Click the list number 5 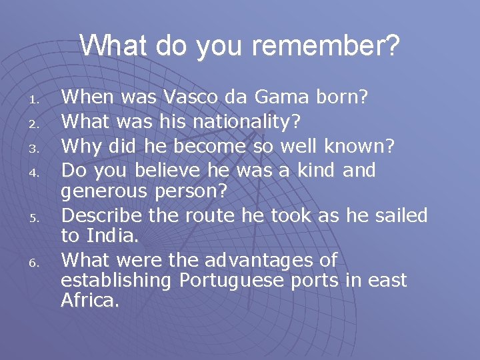tap(39, 217)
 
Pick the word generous tap(105, 192)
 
